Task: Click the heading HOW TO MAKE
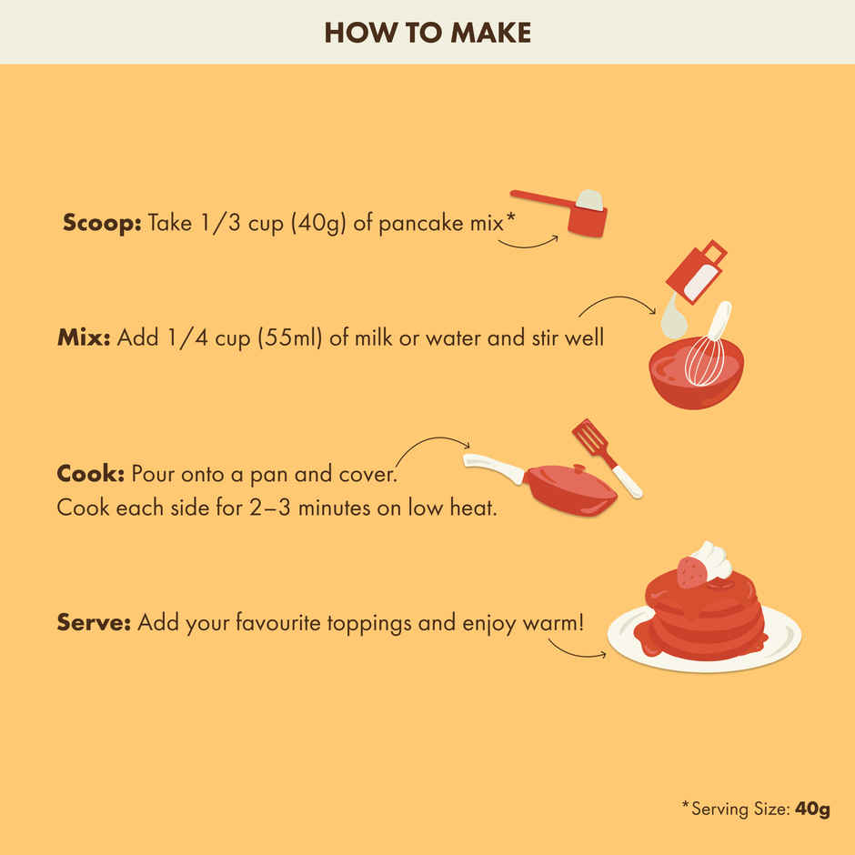pyautogui.click(x=427, y=33)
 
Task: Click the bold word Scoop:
pyautogui.click(x=102, y=223)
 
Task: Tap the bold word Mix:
pyautogui.click(x=84, y=337)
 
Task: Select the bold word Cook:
pyautogui.click(x=91, y=473)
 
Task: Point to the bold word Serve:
pyautogui.click(x=94, y=622)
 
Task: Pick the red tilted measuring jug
pyautogui.click(x=697, y=272)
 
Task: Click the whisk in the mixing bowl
pyautogui.click(x=708, y=347)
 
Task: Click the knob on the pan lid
pyautogui.click(x=579, y=468)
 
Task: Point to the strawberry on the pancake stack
pyautogui.click(x=691, y=572)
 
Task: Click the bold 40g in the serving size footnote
pyautogui.click(x=812, y=810)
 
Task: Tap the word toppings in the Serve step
pyautogui.click(x=369, y=623)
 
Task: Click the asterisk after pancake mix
pyautogui.click(x=510, y=218)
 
